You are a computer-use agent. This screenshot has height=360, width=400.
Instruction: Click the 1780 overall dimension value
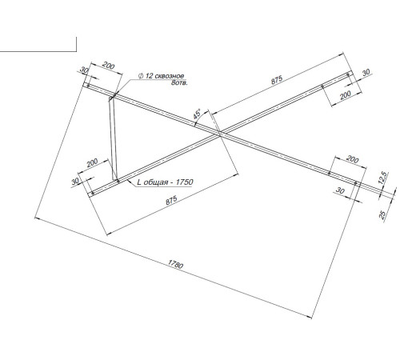(175, 264)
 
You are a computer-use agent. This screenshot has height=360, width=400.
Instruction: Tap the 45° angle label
(197, 114)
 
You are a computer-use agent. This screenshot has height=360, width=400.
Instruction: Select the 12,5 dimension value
(382, 178)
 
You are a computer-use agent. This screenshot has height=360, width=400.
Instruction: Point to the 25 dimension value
(382, 214)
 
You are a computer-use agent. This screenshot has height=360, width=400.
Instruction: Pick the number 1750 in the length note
(185, 182)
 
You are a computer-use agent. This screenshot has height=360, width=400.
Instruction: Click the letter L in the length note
(139, 182)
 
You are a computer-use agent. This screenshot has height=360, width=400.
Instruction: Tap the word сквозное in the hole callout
(170, 76)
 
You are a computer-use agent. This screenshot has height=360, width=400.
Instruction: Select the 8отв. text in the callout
(179, 82)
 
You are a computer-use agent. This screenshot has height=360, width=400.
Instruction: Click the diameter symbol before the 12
(141, 76)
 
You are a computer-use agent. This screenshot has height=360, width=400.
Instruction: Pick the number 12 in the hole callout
(149, 76)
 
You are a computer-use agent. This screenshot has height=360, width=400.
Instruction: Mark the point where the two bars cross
(220, 134)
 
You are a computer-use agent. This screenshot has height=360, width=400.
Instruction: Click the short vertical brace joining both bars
(113, 138)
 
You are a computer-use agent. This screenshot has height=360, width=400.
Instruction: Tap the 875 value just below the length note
(171, 200)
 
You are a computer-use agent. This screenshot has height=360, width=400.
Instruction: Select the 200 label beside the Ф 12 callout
(109, 66)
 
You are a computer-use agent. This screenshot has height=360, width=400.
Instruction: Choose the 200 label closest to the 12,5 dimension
(353, 159)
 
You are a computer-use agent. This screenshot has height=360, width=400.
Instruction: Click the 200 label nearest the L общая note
(92, 162)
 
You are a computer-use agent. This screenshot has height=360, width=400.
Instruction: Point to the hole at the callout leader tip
(114, 96)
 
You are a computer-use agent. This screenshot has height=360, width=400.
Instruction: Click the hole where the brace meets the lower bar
(118, 181)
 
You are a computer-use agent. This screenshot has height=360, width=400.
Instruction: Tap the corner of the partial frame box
(77, 51)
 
